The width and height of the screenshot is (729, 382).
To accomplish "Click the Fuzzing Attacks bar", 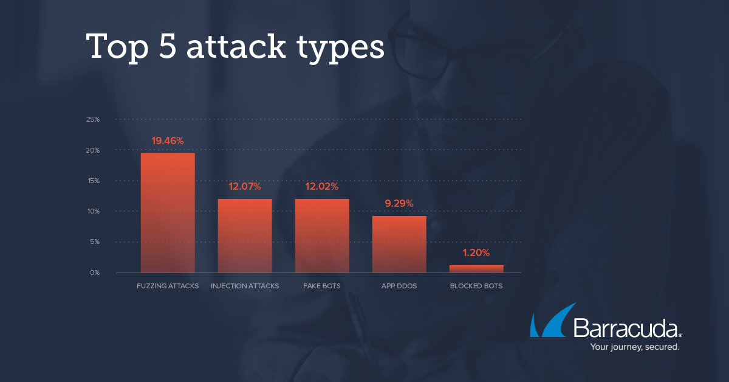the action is point(168,213).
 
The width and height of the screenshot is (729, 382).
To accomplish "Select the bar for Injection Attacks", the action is point(245,235).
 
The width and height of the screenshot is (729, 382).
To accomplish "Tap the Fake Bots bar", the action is point(322,235).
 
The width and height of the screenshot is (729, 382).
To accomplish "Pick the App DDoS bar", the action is point(399,244).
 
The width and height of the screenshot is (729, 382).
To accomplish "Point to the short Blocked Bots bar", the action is point(476,269).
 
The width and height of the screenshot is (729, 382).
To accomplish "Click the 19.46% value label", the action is point(168,141).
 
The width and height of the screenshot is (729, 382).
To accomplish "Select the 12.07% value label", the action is point(245,186).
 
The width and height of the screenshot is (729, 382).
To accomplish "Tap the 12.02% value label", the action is point(322,186).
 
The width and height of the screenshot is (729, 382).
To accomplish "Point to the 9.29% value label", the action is point(399,203).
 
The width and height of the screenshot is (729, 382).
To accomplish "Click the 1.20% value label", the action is point(476,252).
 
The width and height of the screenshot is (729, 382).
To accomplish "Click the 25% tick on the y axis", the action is point(93,119).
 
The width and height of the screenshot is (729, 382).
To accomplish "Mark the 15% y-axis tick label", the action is point(94,181).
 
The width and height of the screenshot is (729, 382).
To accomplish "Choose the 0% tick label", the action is point(95,273).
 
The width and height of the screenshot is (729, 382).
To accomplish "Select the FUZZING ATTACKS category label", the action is point(168,286).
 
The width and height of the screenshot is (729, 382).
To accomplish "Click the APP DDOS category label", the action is point(399,286).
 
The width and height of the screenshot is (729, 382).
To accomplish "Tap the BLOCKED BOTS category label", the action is point(476,286).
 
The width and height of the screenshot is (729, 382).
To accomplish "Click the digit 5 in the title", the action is point(168,46).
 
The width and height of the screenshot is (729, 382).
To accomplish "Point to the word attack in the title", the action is point(236,46).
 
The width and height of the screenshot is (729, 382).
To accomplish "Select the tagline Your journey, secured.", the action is point(635,347).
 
